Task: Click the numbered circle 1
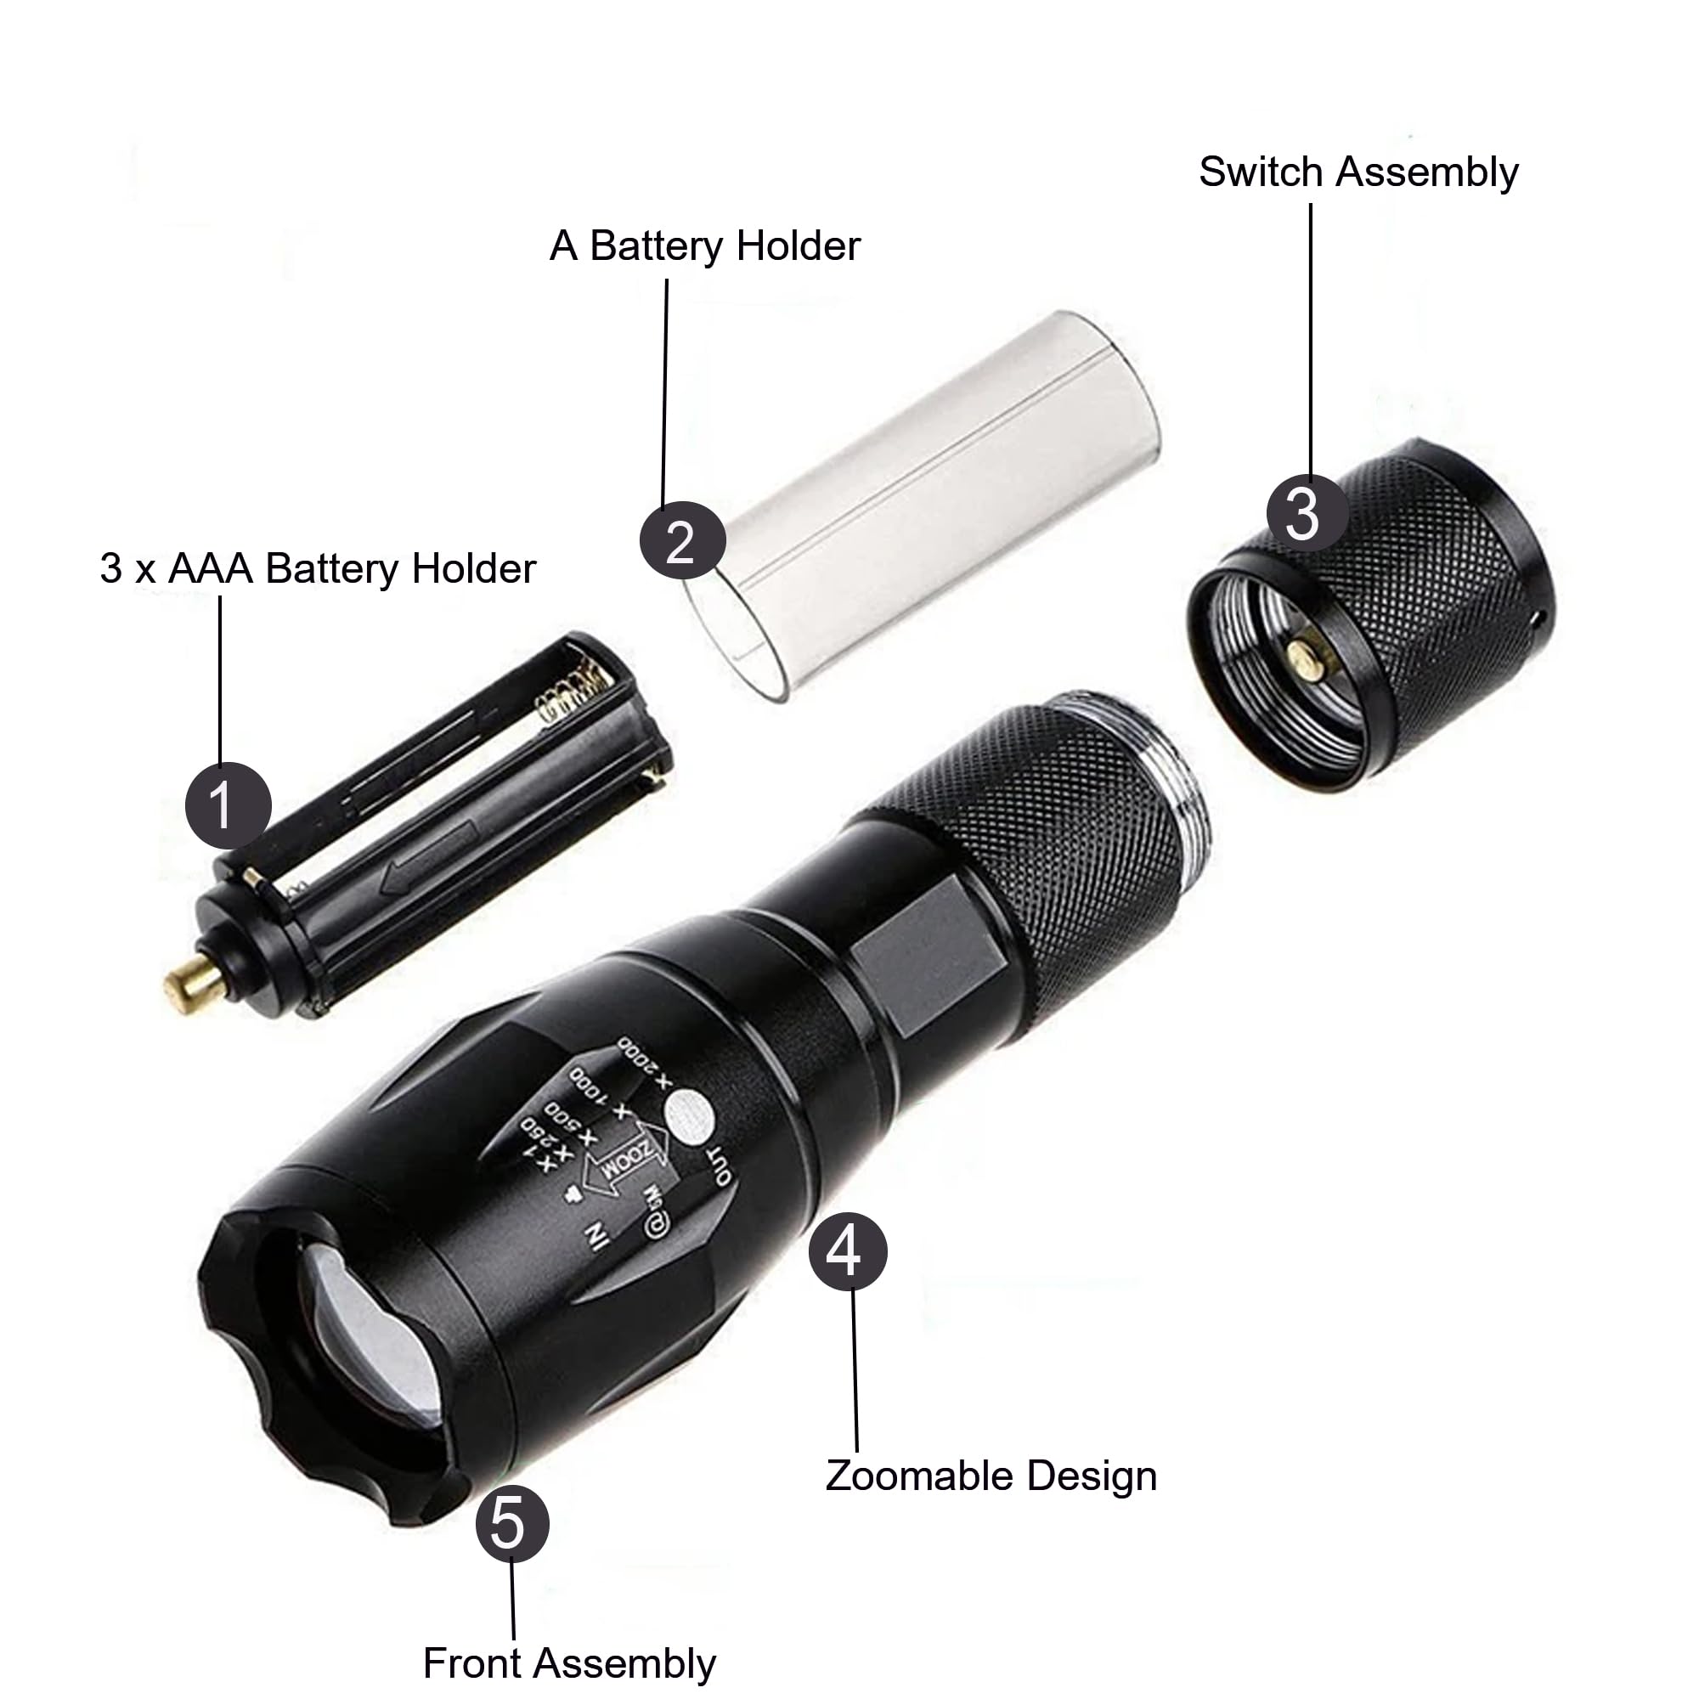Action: tap(228, 805)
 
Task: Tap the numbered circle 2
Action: tap(681, 540)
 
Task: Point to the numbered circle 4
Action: tap(847, 1251)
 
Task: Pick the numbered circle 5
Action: tap(511, 1523)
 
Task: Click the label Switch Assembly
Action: tap(1358, 172)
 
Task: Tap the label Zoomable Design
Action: tap(991, 1476)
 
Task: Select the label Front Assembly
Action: tap(569, 1663)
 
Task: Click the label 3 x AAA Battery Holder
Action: tap(318, 568)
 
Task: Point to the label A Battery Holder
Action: tap(704, 246)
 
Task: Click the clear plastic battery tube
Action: tap(923, 501)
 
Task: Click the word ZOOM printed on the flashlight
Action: tap(627, 1164)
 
